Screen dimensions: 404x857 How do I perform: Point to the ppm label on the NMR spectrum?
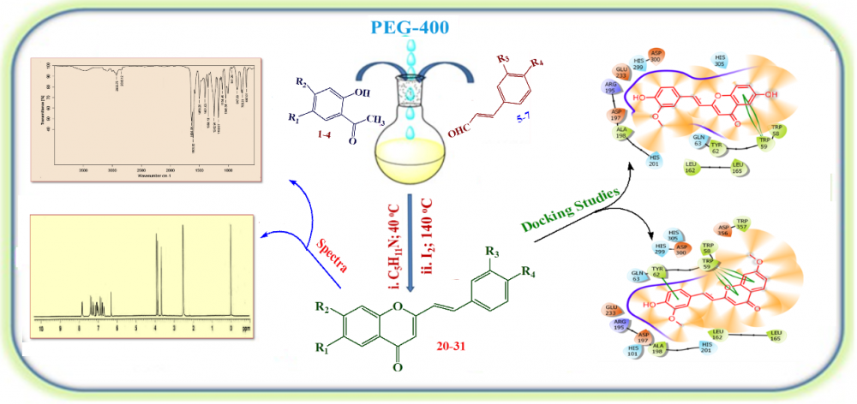[x=246, y=329]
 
